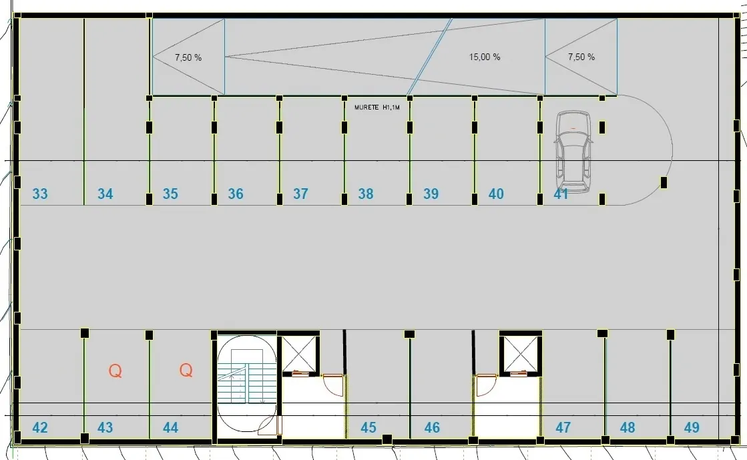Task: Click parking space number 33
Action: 40,194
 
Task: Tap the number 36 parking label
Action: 236,194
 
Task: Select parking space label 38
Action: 366,194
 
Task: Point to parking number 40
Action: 496,194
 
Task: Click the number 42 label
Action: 40,427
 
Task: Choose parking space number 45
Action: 368,427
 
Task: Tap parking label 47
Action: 563,427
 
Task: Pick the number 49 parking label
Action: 692,427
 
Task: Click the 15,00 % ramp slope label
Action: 485,57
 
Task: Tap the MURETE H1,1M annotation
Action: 377,107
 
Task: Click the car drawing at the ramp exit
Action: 573,152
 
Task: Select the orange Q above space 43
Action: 115,371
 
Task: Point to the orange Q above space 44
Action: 186,370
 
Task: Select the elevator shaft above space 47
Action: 521,353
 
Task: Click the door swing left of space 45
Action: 332,385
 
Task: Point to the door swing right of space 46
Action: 487,385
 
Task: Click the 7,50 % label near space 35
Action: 188,57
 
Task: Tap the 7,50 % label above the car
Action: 581,57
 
